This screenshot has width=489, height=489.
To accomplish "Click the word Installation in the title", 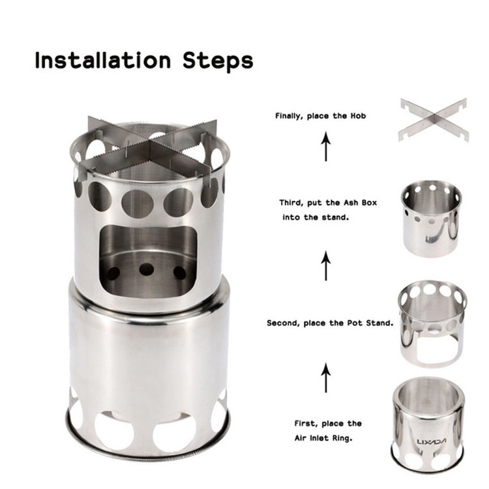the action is coord(103,60).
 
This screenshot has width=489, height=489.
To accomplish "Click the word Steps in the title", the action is coord(218,61).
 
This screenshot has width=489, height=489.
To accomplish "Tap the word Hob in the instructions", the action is coord(358,115).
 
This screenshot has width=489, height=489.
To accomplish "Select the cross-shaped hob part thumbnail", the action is coord(434,120).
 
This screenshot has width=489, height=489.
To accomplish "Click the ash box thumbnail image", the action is coord(431,219).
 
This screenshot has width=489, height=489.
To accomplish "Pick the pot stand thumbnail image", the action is coord(432,323).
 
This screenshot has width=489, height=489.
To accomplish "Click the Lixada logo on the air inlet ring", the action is coord(432,441).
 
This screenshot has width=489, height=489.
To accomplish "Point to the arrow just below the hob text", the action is coord(326,146).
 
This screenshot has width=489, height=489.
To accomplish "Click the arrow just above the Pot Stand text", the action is coord(326,266).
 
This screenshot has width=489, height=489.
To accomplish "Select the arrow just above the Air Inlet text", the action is coord(326,378).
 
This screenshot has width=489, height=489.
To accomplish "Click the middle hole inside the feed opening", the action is coord(146,269).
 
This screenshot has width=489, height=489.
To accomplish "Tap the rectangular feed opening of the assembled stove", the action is coord(149,259).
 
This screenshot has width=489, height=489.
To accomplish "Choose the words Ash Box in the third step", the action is coord(360,203).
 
